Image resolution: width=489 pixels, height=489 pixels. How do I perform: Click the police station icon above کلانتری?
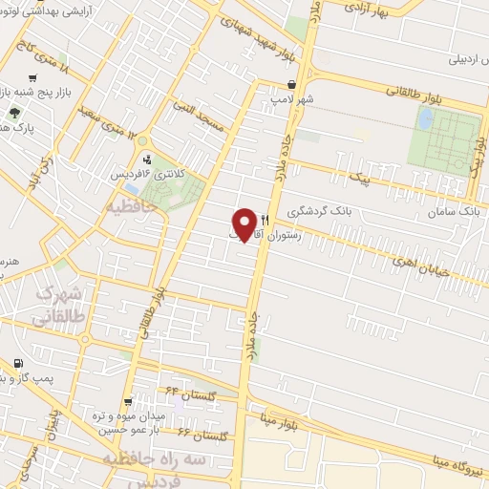147,159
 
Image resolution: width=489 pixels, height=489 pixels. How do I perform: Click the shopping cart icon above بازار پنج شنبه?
34,78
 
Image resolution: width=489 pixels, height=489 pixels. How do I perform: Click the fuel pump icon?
18,363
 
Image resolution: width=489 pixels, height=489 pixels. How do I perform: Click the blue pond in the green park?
425,119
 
